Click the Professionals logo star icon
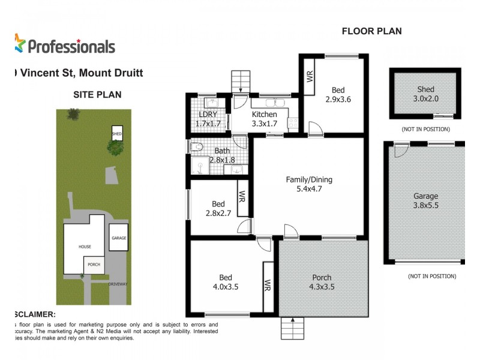[x=20, y=43]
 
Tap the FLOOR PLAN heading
[x=371, y=31]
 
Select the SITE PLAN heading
[x=97, y=94]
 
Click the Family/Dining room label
[x=309, y=184]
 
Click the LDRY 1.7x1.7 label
[x=208, y=119]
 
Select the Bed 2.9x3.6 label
[x=337, y=95]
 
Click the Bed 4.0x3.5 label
[x=225, y=283]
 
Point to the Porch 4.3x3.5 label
[x=322, y=283]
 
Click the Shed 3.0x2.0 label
[x=425, y=95]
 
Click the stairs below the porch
[x=293, y=328]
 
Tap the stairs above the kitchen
[x=241, y=80]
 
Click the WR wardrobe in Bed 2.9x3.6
[x=310, y=76]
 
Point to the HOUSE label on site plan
[x=84, y=247]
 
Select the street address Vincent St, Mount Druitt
[x=78, y=73]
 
